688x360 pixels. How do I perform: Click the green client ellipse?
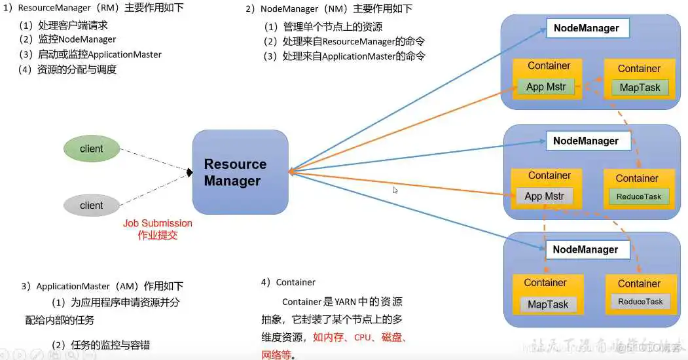[92, 149]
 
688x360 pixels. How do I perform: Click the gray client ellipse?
[92, 205]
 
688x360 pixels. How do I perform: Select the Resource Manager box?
[240, 172]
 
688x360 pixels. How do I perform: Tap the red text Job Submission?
[158, 223]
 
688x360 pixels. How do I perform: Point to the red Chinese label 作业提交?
[158, 235]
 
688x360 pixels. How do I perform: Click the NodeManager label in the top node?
[587, 28]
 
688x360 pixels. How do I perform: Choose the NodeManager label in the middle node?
[586, 141]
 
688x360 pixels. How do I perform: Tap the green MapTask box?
[640, 88]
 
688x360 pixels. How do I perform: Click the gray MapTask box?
[549, 304]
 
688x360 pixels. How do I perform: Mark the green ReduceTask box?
[639, 196]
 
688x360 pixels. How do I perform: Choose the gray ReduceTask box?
[640, 302]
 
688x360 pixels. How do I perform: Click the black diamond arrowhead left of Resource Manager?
[189, 172]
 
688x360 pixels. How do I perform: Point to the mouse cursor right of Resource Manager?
[395, 190]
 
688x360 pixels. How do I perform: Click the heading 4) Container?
[288, 282]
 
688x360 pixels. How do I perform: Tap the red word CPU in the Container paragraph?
[363, 338]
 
